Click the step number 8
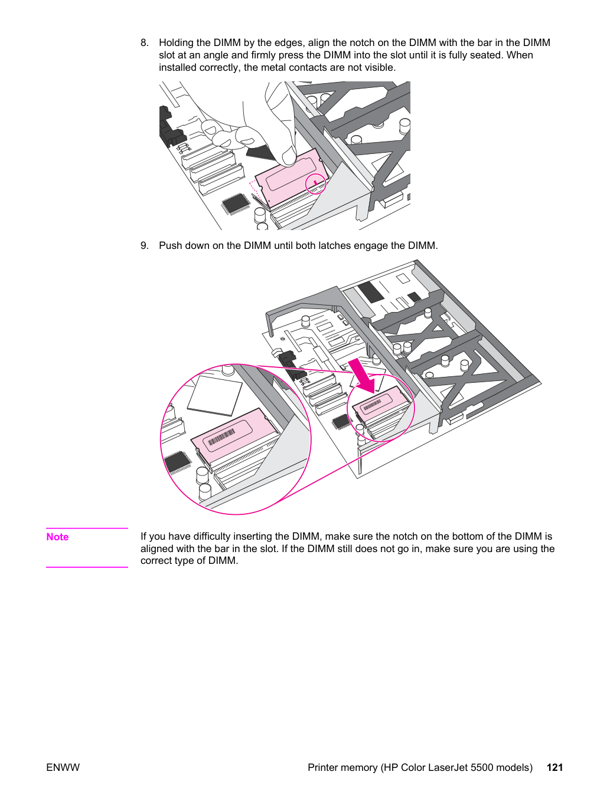click(144, 43)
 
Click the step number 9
click(144, 246)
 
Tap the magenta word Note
click(57, 537)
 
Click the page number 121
click(555, 767)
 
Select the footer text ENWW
click(63, 767)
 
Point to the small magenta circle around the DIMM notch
click(315, 183)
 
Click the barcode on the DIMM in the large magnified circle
click(221, 438)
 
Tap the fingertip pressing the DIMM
click(287, 157)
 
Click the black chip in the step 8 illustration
click(234, 204)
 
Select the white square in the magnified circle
click(214, 396)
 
